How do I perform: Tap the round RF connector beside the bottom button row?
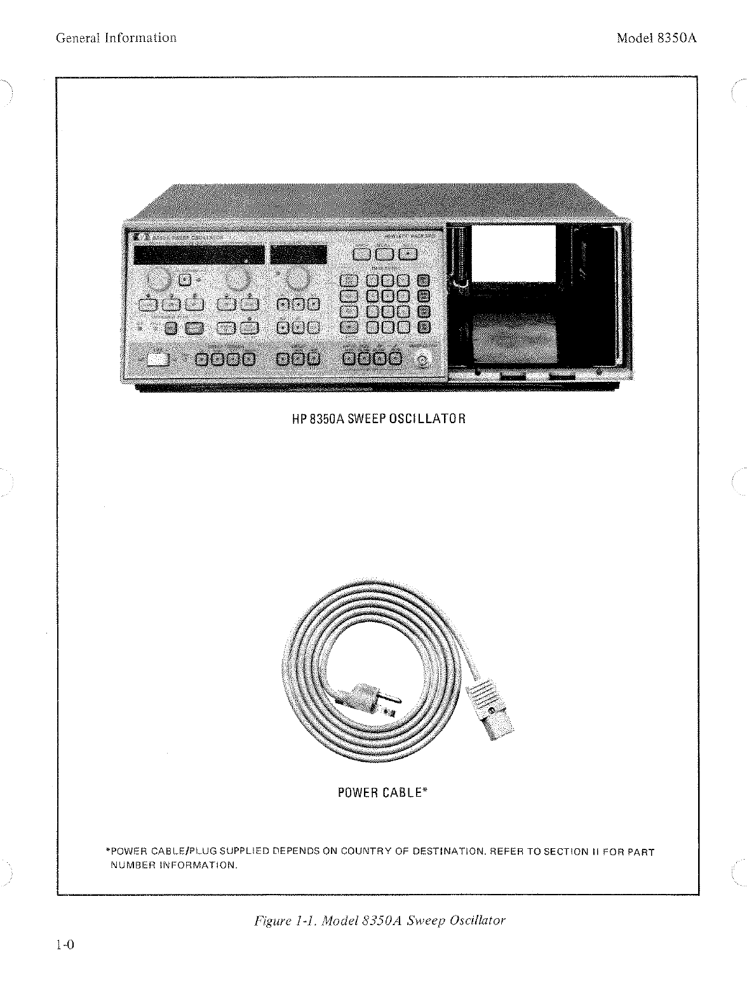tap(422, 360)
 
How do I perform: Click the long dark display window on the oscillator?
tap(199, 255)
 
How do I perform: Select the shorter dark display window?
tap(299, 255)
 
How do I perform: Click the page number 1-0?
tap(65, 945)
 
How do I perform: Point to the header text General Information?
tap(116, 37)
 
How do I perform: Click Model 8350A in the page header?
tap(657, 37)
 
